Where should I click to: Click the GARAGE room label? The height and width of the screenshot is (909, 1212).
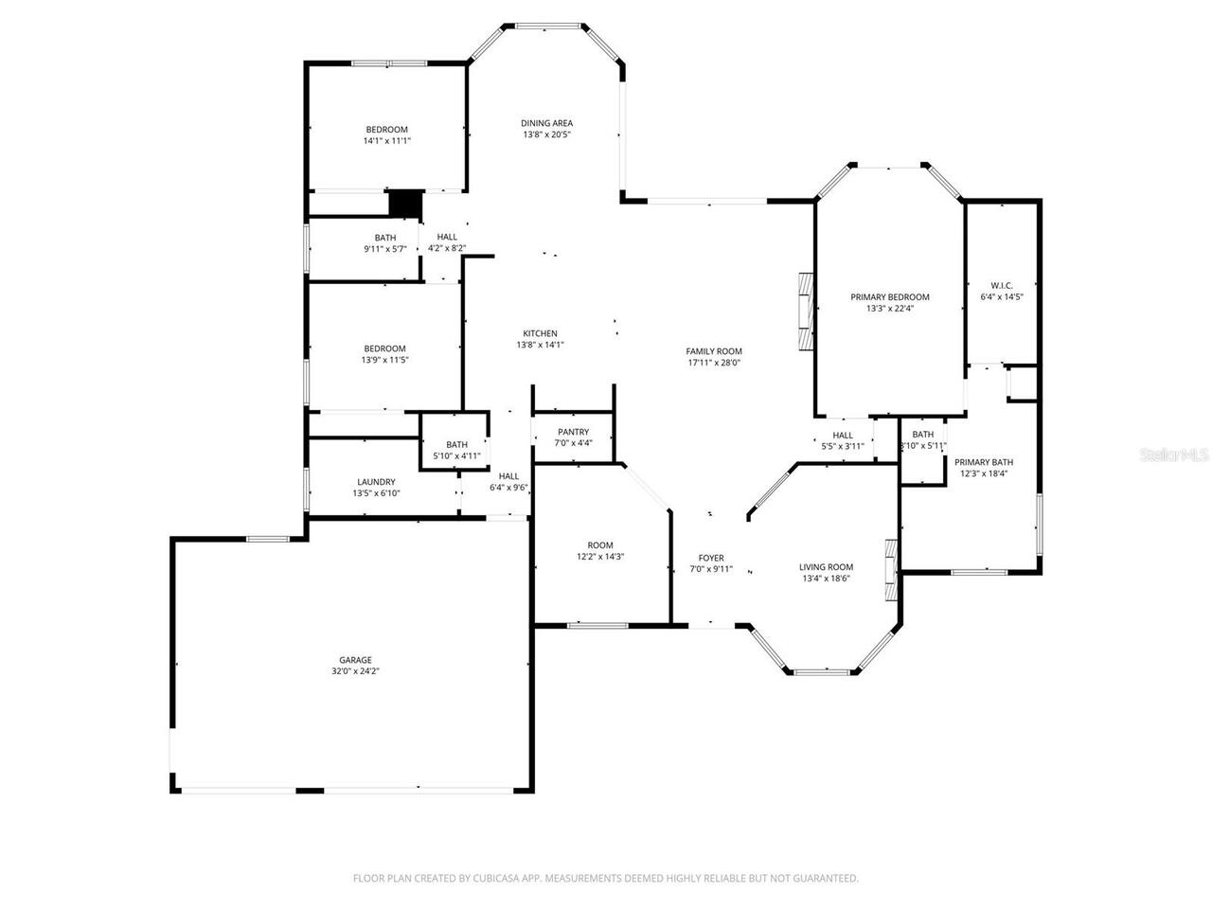(356, 660)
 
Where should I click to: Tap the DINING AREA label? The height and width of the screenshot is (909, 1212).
(546, 123)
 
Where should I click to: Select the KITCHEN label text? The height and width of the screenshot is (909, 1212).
(540, 333)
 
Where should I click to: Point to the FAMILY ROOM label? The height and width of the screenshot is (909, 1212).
(714, 351)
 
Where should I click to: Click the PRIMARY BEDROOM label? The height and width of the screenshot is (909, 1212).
(889, 296)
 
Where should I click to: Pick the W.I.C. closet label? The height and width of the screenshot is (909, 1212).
(1002, 285)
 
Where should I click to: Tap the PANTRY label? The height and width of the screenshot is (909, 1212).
(573, 432)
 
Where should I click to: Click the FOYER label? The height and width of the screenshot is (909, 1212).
(711, 558)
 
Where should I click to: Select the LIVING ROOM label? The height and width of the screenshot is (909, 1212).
(827, 567)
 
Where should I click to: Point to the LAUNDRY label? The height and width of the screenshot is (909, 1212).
(376, 482)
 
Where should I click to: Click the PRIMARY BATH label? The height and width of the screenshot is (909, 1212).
(984, 462)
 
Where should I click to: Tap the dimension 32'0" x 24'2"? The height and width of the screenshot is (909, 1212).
(356, 671)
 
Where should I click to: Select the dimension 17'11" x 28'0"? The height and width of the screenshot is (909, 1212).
(714, 363)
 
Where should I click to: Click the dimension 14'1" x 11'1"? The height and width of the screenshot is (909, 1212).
(386, 141)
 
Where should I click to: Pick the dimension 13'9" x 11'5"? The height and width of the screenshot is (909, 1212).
(384, 360)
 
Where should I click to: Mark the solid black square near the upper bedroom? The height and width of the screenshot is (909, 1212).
(405, 204)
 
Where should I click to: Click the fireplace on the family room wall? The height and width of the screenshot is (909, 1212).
(805, 312)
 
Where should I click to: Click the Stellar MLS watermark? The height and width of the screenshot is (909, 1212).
(1174, 454)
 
